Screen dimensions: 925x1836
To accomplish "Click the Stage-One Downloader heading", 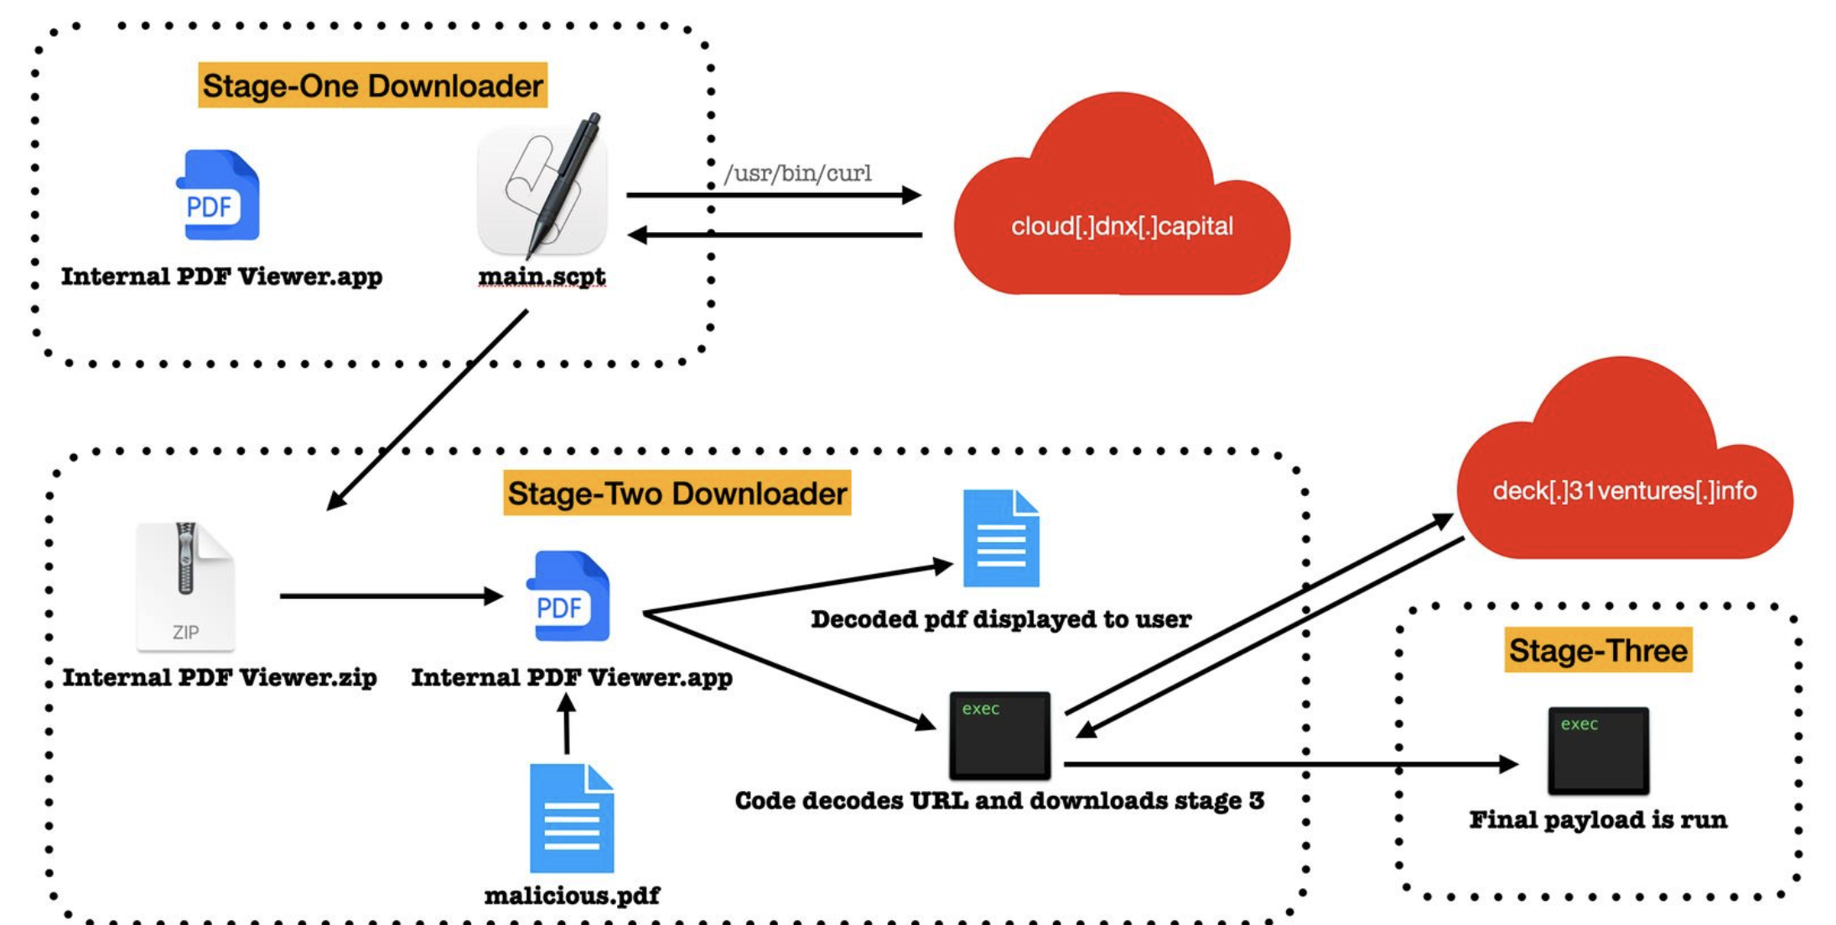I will [x=372, y=85].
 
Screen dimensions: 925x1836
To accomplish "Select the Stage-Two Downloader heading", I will [x=677, y=493].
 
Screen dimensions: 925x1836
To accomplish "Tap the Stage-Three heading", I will [x=1598, y=650].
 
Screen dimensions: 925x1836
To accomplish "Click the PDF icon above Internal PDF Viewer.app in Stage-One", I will [x=217, y=195].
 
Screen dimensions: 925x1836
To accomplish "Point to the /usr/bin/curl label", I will [x=797, y=173].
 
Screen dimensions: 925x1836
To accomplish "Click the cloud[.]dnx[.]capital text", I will [x=1122, y=226].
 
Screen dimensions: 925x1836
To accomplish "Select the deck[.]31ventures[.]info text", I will [x=1624, y=490].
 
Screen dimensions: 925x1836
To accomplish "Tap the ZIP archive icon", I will [x=185, y=586].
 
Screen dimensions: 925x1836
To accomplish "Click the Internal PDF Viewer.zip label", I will [x=220, y=677].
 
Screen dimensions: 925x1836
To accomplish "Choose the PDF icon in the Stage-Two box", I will [x=568, y=596].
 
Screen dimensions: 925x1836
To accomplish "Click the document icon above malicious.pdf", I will [x=572, y=819].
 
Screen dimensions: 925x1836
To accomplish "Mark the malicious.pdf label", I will [x=572, y=896].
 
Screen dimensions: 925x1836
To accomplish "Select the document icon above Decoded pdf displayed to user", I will [x=1001, y=538].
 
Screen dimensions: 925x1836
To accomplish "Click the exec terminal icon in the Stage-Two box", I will [x=999, y=735].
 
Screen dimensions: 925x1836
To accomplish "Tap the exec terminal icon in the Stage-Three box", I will [x=1598, y=750].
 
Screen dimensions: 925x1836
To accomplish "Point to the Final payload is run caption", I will [x=1598, y=819].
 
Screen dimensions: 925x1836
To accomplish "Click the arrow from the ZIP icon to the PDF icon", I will [x=390, y=596].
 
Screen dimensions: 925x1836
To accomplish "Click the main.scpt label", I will [x=542, y=276].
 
